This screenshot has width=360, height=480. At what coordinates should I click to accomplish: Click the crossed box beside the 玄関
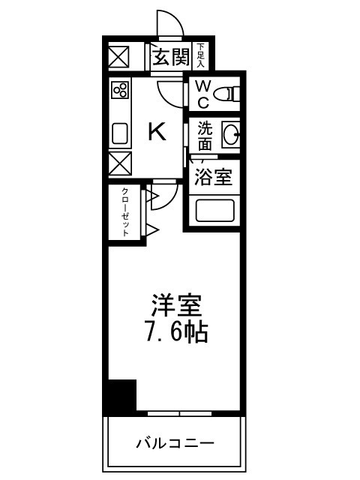point(119,57)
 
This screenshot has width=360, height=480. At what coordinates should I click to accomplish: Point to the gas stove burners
point(119,91)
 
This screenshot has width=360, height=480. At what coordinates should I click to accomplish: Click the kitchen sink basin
point(120,134)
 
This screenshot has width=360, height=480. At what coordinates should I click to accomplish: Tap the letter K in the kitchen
point(156,133)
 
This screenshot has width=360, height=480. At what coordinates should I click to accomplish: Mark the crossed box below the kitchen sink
point(119,163)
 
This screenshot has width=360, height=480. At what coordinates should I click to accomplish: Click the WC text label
point(202,94)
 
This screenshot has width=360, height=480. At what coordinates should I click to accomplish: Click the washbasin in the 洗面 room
point(229,136)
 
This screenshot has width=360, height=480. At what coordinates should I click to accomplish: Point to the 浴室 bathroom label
point(214,178)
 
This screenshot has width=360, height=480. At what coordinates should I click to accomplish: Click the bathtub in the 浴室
point(215,209)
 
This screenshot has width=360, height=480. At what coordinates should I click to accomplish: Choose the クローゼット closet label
point(125,212)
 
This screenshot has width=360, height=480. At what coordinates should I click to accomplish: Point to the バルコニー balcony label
point(175,442)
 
